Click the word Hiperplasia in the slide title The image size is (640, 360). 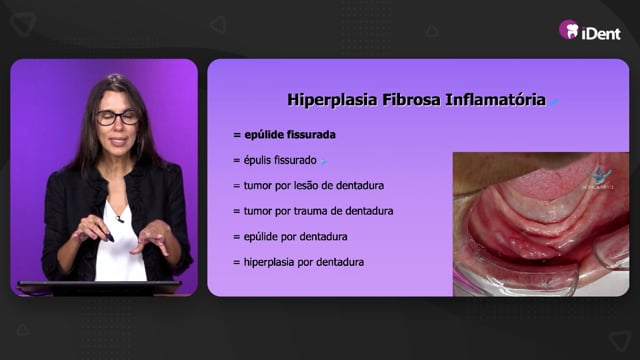point(332,100)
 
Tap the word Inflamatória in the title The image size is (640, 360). point(495,100)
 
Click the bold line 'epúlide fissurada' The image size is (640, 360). point(290,135)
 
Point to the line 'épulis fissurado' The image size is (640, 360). point(280,160)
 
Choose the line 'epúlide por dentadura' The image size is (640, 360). point(296,237)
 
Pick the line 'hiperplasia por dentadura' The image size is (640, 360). point(304,262)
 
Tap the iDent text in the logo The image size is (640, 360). point(601,33)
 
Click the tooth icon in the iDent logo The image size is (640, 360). point(572,31)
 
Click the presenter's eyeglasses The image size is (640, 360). point(118,118)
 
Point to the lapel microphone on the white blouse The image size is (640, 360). point(119,219)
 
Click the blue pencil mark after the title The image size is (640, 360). point(553,102)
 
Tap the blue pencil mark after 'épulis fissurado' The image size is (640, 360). point(324,162)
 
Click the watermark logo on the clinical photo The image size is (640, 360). point(599,178)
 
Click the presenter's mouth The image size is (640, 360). point(118,141)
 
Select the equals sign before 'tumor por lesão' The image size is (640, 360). point(236,186)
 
